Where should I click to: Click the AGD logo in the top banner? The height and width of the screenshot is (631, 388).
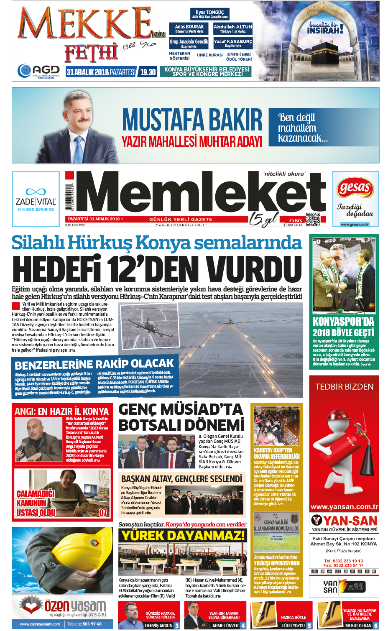[x=38, y=71]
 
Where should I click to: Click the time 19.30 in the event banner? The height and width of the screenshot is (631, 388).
[x=148, y=72]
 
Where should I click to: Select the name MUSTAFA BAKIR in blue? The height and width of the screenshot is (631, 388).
[x=192, y=120]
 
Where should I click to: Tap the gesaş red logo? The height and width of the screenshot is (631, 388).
[x=355, y=188]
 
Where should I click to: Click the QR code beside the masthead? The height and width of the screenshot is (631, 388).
[x=313, y=219]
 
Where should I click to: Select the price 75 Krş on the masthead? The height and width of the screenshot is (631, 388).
[x=295, y=220]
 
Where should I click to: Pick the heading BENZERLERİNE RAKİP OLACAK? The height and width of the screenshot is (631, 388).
[x=94, y=363]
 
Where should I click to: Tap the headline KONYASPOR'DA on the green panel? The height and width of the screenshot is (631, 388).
[x=343, y=322]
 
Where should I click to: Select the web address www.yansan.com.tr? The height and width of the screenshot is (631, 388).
[x=344, y=507]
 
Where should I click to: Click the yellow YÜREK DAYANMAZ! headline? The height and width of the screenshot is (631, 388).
[x=182, y=536]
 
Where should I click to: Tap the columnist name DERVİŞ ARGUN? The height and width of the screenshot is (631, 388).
[x=158, y=626]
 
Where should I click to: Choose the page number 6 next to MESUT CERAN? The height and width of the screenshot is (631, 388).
[x=376, y=626]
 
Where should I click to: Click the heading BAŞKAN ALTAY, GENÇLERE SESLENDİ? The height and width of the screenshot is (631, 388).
[x=181, y=479]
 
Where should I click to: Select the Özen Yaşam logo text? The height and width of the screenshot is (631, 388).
[x=75, y=605]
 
